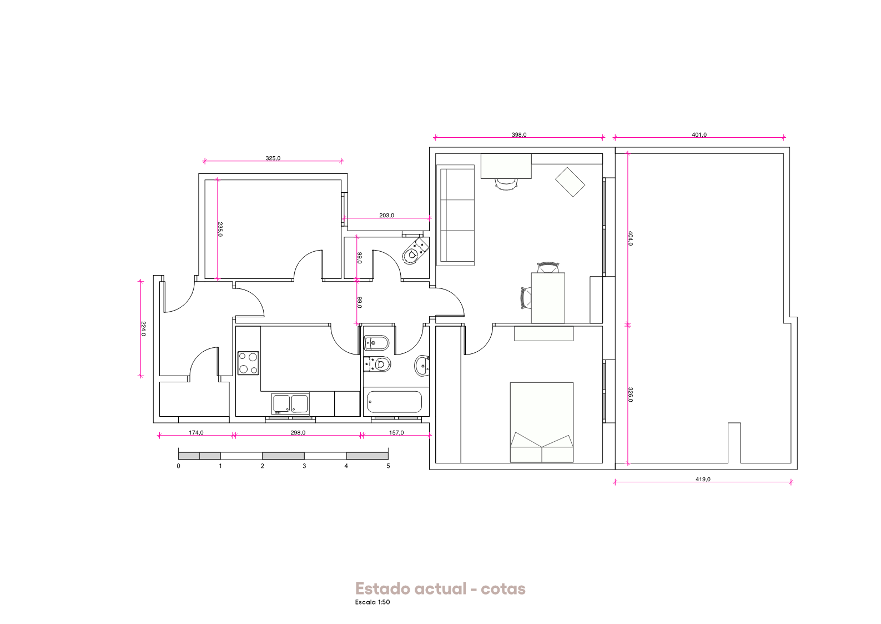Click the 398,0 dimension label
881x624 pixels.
(518, 134)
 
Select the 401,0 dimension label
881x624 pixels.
(699, 134)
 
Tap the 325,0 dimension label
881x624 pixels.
(273, 158)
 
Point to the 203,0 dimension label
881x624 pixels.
(386, 216)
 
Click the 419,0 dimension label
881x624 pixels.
(703, 479)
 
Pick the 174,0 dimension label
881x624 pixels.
(197, 433)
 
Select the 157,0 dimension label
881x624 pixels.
(396, 433)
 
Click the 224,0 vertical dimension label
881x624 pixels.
(144, 329)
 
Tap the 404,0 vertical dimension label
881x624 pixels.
(631, 238)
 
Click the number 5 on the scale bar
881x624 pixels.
(388, 466)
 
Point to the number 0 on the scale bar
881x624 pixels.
(179, 466)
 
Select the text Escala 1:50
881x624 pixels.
(372, 602)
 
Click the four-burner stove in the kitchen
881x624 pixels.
(248, 363)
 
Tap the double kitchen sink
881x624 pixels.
(290, 404)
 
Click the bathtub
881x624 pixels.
(395, 402)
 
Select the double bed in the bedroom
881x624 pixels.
(542, 422)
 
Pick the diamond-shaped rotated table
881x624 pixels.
(570, 182)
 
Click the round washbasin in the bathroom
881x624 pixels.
(422, 366)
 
